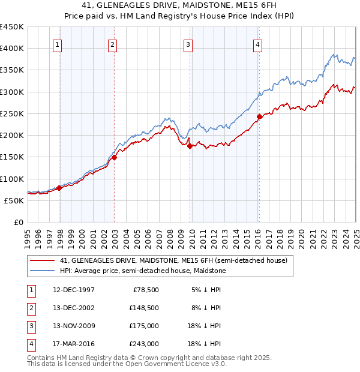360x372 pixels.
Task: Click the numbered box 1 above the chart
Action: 57,44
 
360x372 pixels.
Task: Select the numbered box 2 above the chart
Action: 112,44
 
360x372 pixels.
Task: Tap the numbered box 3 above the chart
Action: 188,44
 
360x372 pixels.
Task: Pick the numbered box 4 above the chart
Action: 257,44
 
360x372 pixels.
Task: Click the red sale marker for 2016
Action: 259,116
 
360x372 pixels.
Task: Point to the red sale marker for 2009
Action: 190,146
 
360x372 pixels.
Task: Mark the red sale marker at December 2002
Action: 114,158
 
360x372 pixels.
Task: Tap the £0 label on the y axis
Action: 19,222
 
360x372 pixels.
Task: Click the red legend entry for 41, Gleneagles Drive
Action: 174,260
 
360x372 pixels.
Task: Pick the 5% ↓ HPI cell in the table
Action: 206,290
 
